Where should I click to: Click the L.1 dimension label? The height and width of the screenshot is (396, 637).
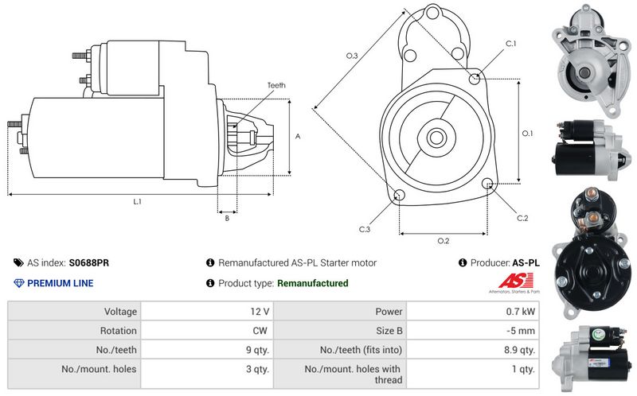137,202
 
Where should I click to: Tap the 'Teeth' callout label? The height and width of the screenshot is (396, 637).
276,85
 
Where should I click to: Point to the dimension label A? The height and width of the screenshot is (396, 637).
298,136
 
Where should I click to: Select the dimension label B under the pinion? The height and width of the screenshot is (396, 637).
227,218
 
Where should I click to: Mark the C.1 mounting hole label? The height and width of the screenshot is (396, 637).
510,43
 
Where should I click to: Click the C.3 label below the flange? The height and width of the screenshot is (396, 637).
364,229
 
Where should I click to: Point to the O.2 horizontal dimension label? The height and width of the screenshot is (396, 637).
444,241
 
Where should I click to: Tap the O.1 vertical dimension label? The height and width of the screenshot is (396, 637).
527,133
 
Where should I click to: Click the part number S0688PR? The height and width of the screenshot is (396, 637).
89,262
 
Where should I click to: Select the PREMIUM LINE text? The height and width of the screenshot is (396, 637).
60,283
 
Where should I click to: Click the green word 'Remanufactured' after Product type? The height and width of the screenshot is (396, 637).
312,283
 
